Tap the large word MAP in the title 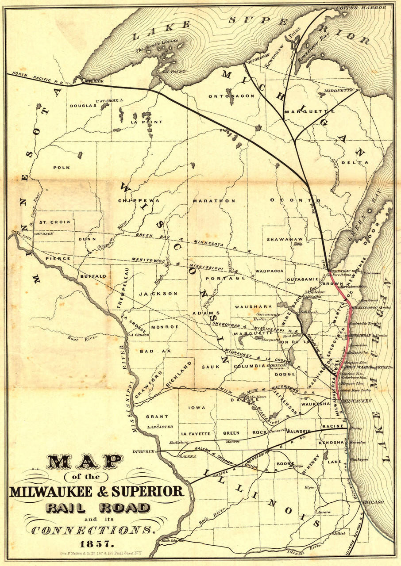tap(84, 462)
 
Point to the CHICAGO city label tap(372, 503)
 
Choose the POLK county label tap(62, 168)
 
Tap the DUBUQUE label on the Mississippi tap(143, 451)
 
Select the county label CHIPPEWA tap(139, 200)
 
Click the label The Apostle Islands tap(157, 45)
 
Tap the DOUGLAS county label tap(83, 106)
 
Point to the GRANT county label tap(157, 417)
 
